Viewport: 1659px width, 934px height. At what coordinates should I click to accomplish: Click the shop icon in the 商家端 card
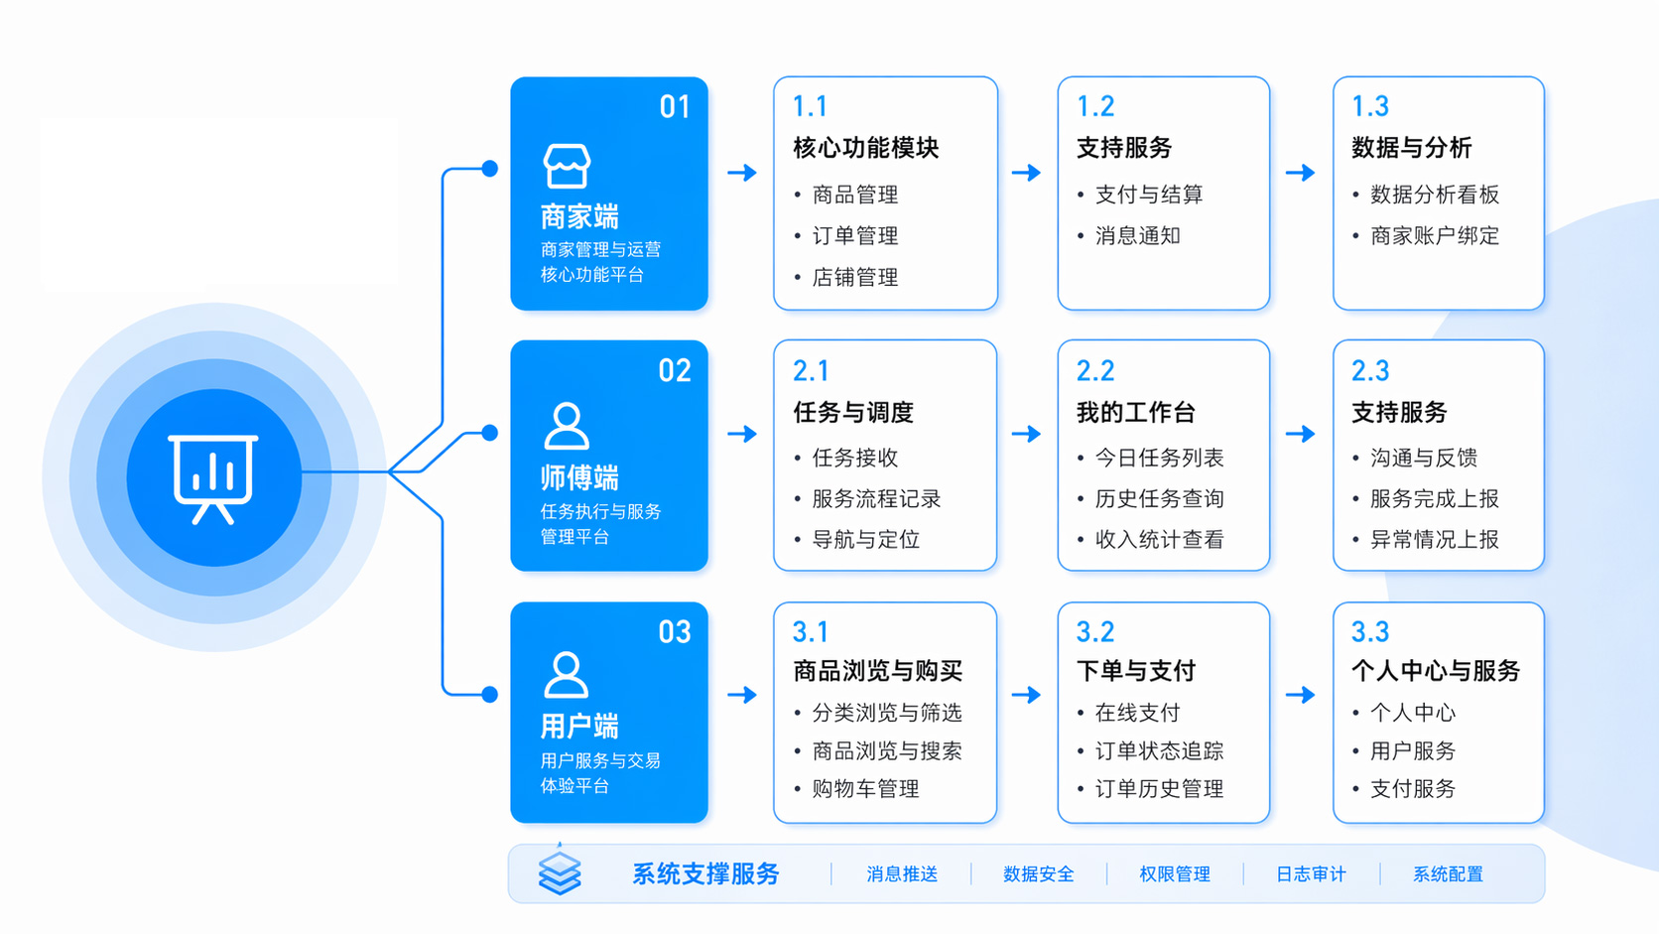point(567,166)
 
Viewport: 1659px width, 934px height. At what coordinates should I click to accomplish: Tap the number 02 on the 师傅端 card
point(675,371)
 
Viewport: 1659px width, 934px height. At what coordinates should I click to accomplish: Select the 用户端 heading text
point(579,727)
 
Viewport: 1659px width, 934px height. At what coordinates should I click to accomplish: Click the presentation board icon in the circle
point(213,477)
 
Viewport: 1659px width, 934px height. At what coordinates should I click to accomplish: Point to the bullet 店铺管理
point(854,278)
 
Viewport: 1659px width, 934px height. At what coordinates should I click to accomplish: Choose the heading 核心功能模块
point(865,148)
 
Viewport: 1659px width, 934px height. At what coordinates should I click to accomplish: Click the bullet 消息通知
point(1137,236)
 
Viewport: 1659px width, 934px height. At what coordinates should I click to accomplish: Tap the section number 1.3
point(1369,106)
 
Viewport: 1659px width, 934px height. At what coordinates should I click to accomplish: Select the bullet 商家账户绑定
point(1434,236)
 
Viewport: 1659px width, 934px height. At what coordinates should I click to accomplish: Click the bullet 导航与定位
point(865,540)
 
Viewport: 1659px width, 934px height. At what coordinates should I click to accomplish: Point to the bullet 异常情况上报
point(1434,540)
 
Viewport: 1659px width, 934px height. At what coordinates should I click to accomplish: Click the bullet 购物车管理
point(865,789)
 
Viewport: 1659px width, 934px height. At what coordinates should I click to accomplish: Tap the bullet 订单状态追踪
point(1159,751)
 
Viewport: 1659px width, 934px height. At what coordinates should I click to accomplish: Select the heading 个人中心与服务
point(1435,671)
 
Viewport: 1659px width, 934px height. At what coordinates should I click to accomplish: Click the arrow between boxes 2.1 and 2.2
point(1026,434)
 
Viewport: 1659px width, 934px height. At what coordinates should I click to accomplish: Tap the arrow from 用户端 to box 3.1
point(741,695)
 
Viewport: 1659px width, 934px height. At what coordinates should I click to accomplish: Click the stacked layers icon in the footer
point(560,872)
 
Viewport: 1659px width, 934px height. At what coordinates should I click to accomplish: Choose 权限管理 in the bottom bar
point(1175,874)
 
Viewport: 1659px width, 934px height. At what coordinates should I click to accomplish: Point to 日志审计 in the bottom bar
point(1311,874)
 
